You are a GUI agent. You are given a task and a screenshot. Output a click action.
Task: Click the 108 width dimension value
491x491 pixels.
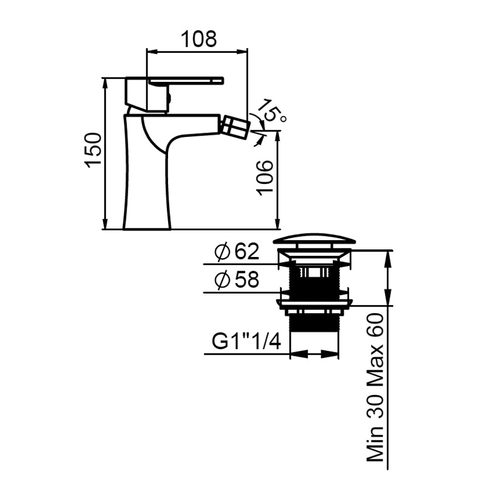pos(199,39)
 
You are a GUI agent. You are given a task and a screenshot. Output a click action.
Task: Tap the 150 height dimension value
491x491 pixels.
pos(93,151)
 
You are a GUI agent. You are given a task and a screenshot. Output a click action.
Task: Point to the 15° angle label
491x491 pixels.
pos(271,111)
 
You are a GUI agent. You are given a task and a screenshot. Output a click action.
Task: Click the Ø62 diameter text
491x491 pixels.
pos(237,252)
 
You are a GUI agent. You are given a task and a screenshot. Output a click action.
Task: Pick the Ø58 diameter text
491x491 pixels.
pos(237,280)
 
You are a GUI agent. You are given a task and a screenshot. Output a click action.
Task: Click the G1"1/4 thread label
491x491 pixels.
pos(246,342)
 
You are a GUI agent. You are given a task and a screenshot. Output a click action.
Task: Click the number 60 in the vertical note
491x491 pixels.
pos(375,325)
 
